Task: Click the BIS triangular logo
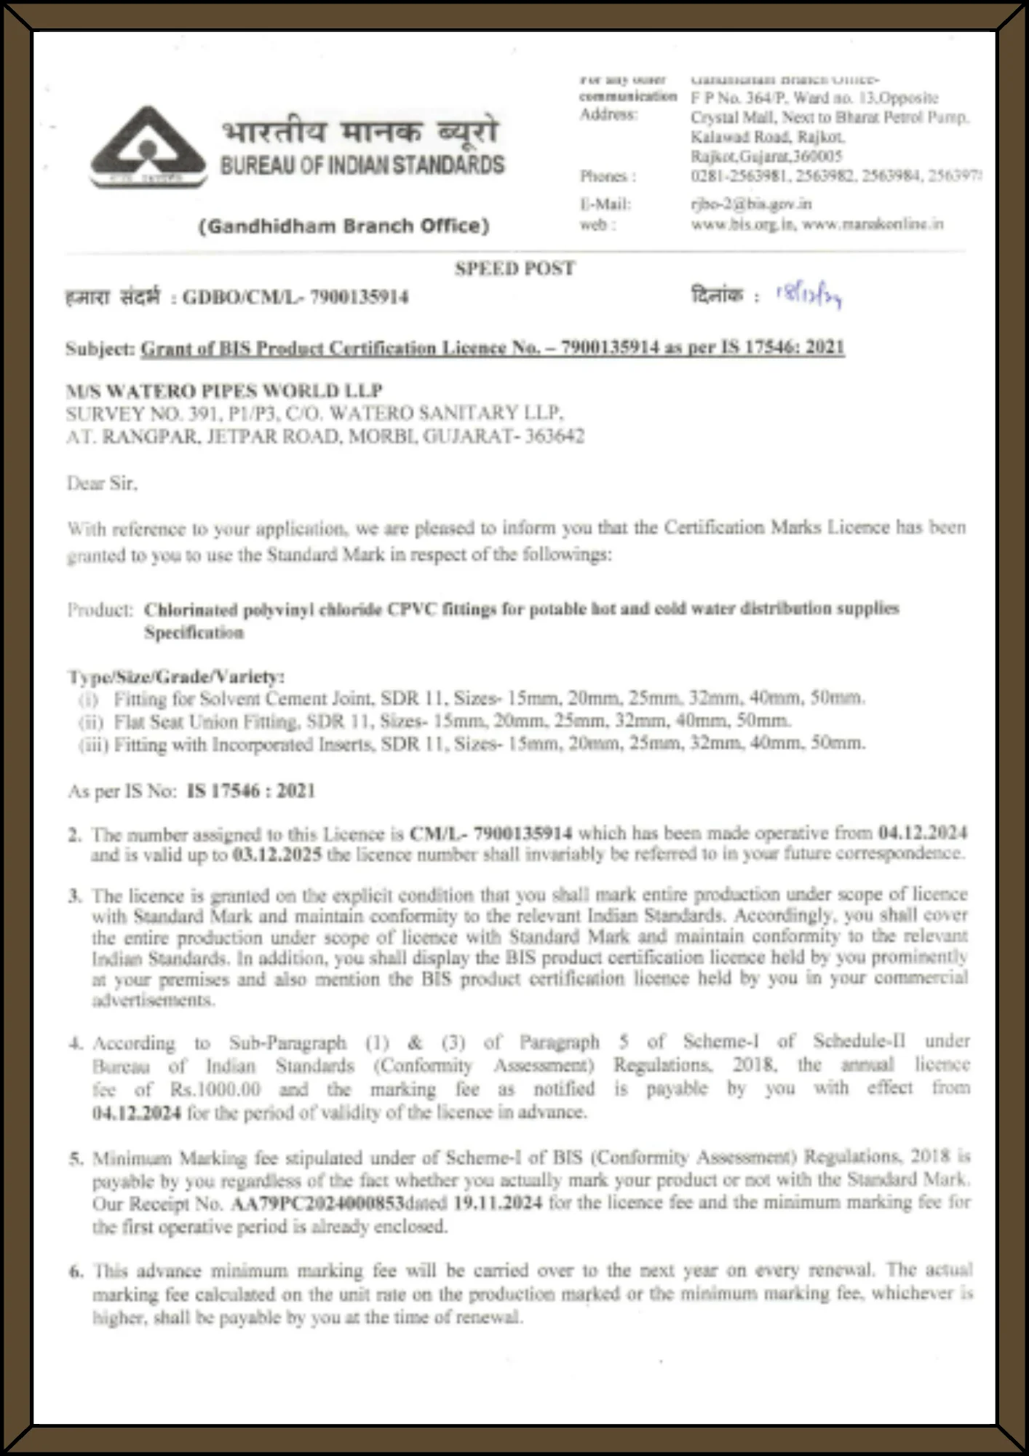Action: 148,147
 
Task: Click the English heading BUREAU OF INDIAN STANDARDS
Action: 362,165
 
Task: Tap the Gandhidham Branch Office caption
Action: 343,226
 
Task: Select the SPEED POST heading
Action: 514,269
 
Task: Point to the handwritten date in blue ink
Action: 808,295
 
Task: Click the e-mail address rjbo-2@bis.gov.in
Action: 750,205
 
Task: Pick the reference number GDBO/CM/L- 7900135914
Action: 295,297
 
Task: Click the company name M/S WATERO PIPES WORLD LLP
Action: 224,390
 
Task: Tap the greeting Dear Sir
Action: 102,483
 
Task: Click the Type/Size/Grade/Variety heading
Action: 175,676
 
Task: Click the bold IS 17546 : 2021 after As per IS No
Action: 250,791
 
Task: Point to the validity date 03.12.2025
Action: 277,855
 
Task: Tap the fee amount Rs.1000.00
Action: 215,1090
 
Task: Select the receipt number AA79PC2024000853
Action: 317,1203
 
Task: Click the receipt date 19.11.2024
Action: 498,1203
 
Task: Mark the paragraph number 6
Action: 76,1271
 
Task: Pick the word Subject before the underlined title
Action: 99,349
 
